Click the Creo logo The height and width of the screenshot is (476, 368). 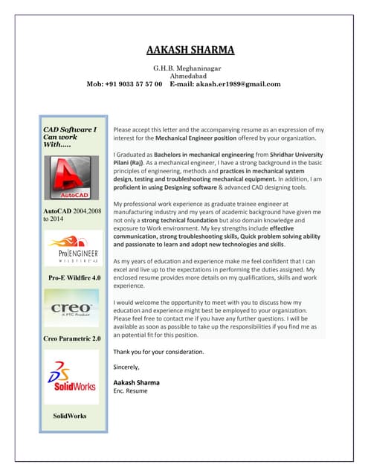pyautogui.click(x=71, y=310)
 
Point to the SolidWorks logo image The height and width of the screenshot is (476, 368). pyautogui.click(x=71, y=376)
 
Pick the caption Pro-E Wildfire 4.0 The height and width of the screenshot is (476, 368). pyautogui.click(x=72, y=277)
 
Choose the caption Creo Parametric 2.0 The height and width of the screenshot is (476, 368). pyautogui.click(x=72, y=339)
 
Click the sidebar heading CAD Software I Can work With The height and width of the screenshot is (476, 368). pyautogui.click(x=70, y=137)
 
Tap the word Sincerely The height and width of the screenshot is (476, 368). pyautogui.click(x=127, y=366)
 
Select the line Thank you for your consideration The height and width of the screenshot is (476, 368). pyautogui.click(x=158, y=351)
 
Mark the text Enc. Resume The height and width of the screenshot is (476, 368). pyautogui.click(x=131, y=390)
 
